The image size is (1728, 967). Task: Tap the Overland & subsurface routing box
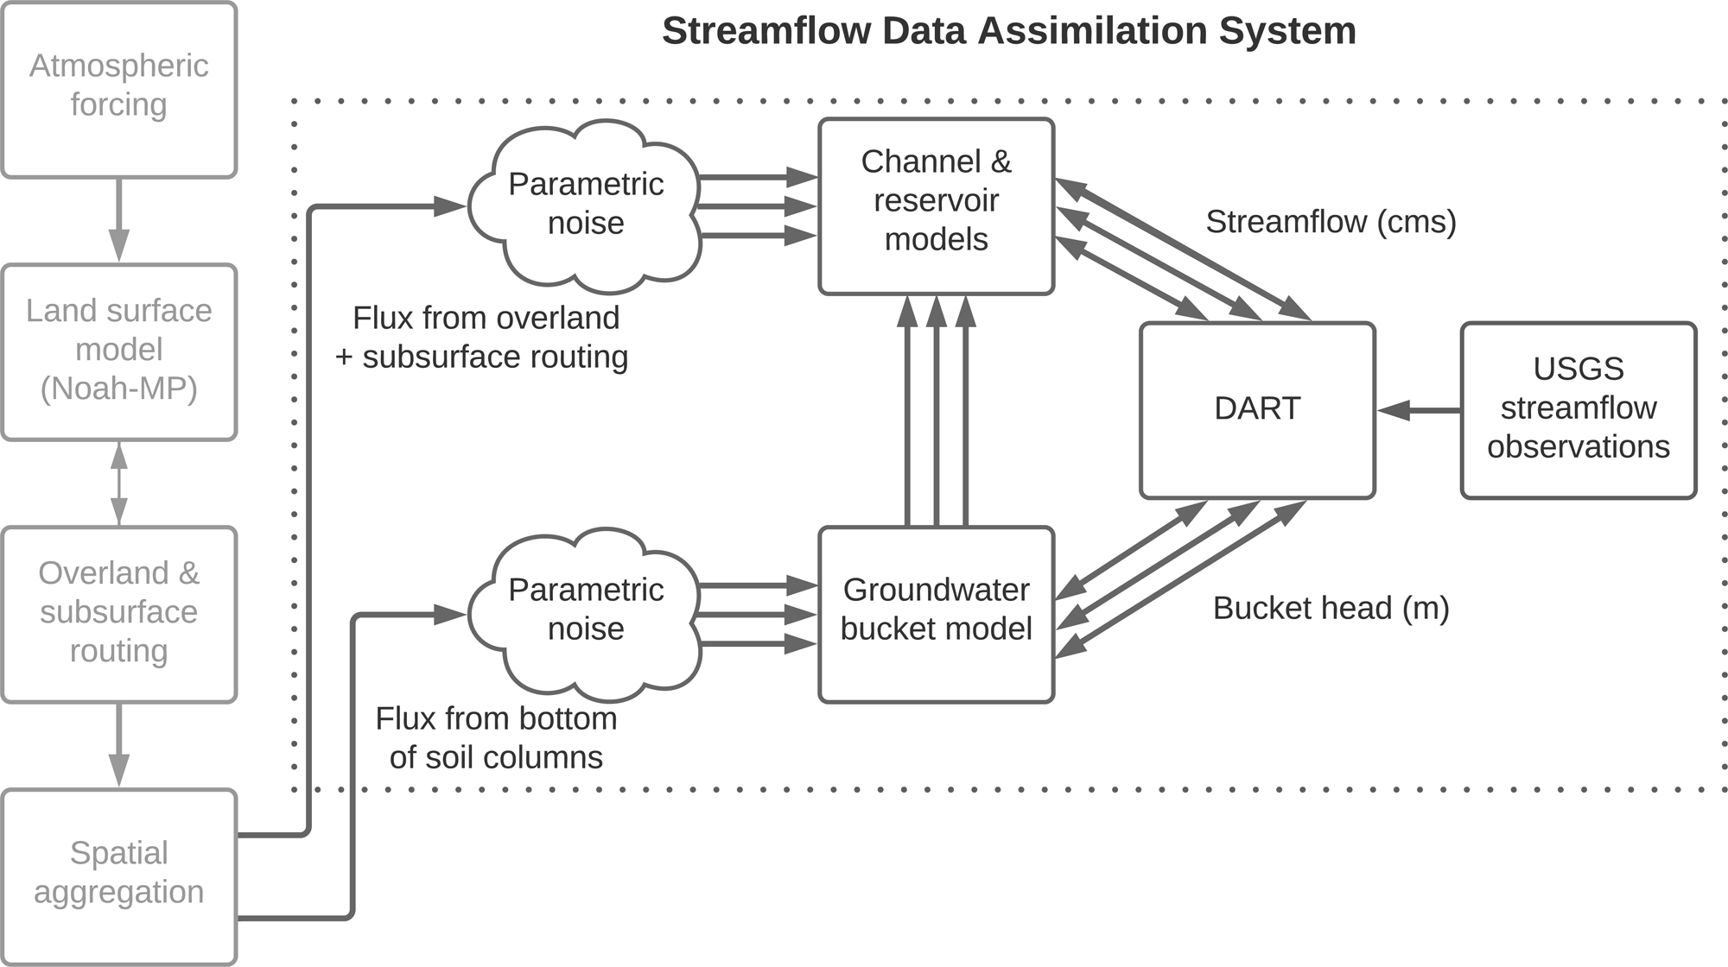119,614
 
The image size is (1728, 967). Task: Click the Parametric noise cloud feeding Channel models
585,205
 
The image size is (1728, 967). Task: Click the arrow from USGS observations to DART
1419,410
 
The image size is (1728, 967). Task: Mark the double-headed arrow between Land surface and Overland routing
119,483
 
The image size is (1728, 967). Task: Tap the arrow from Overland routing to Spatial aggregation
119,745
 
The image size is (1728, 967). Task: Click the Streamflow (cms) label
1331,222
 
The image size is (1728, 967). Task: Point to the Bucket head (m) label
1331,609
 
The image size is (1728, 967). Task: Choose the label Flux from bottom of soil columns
495,738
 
